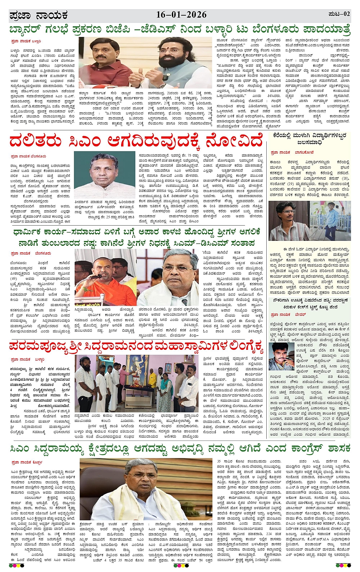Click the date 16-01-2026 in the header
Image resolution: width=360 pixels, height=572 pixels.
(181, 15)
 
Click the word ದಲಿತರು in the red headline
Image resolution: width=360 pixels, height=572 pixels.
(37, 140)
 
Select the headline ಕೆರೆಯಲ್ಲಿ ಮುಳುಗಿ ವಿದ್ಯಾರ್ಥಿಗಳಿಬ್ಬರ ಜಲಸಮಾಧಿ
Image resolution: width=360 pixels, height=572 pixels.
(309, 139)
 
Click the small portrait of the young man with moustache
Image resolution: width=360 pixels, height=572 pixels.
(281, 356)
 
